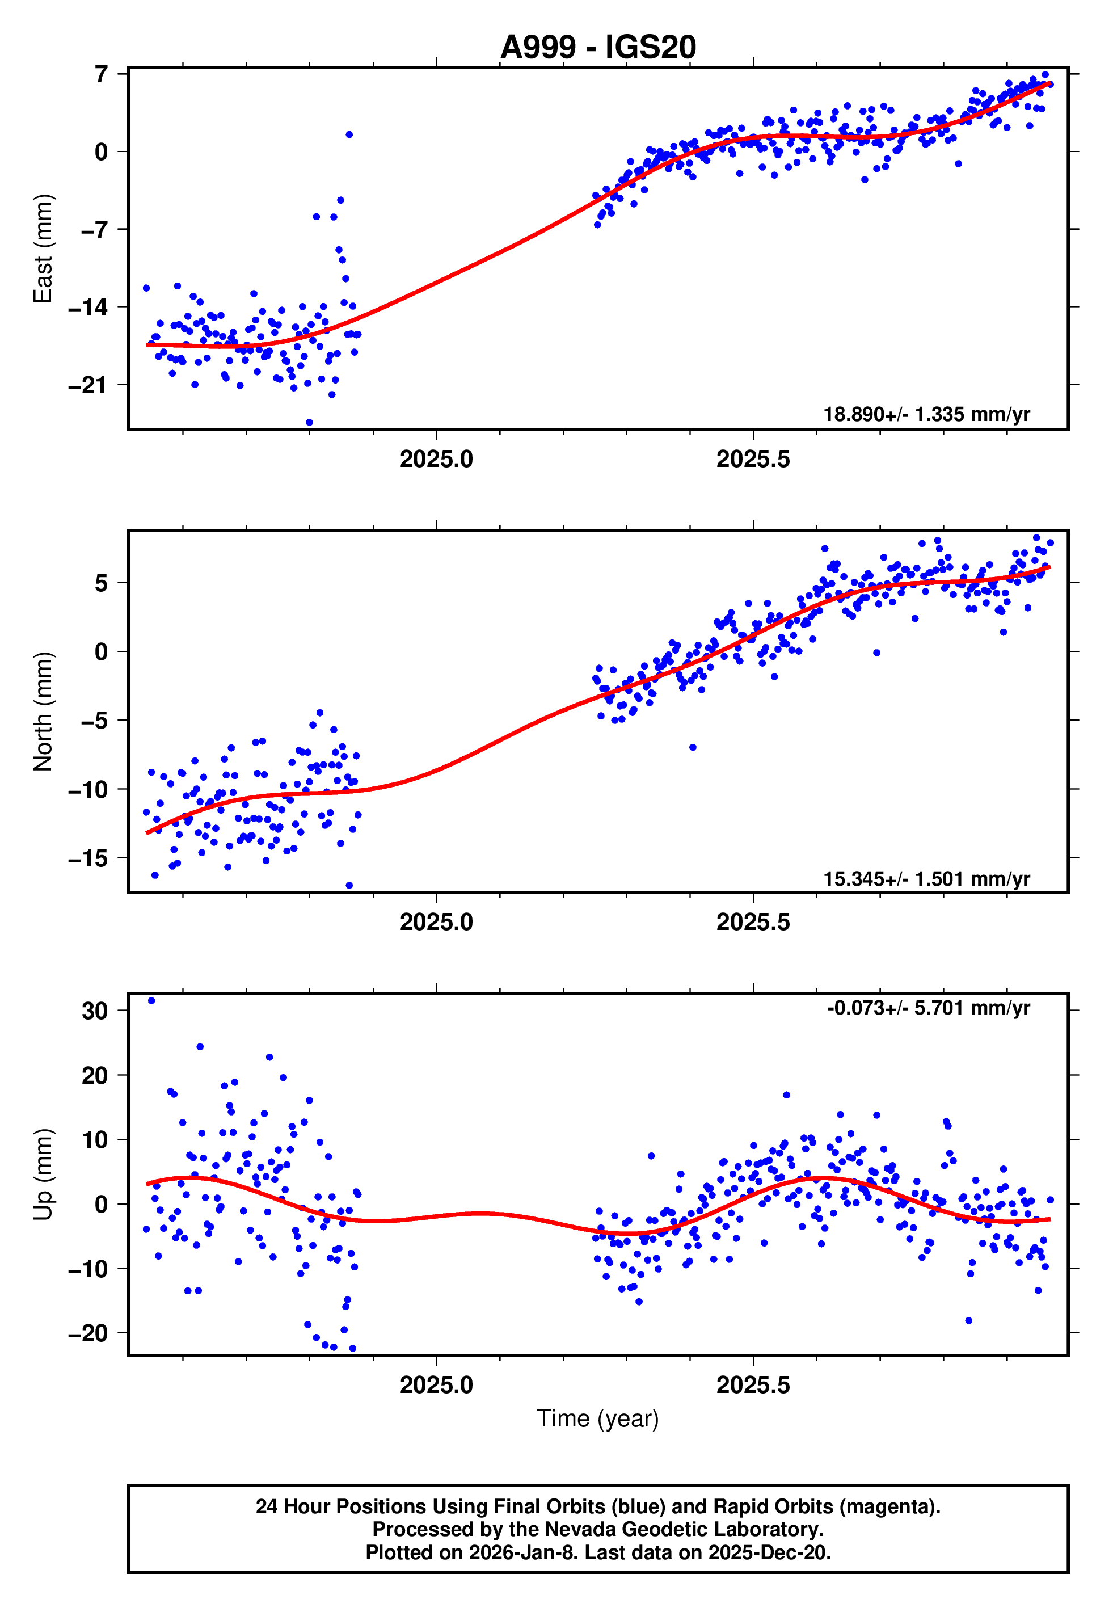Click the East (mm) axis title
point(43,249)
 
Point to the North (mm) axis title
point(43,712)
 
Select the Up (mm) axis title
point(43,1175)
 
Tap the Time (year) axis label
point(598,1418)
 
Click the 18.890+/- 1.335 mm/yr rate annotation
point(926,414)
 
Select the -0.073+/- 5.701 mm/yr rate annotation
point(927,1008)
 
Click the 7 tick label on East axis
point(102,74)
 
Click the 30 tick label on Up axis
point(95,1011)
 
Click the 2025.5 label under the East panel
point(753,459)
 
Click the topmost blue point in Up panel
point(151,1001)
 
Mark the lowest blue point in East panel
point(310,423)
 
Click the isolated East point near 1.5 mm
point(349,134)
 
